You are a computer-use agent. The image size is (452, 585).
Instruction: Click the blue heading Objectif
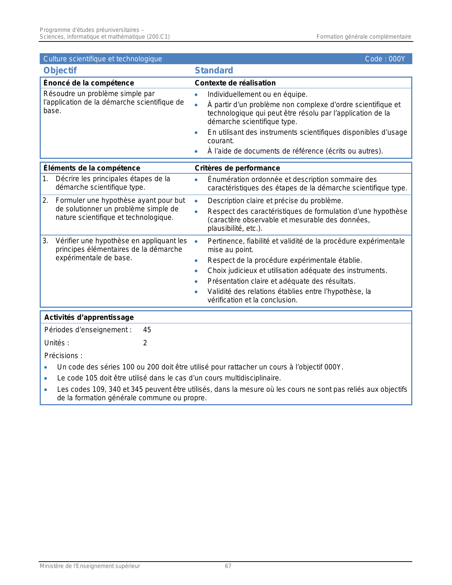pyautogui.click(x=60, y=71)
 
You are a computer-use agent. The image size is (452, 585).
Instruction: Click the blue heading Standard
pyautogui.click(x=214, y=71)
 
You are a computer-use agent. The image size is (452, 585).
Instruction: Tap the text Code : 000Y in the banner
pyautogui.click(x=385, y=59)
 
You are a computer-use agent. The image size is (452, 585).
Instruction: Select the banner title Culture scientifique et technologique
pyautogui.click(x=102, y=59)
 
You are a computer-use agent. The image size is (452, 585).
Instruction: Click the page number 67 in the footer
pyautogui.click(x=228, y=566)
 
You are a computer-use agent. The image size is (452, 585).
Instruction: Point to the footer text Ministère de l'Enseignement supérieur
pyautogui.click(x=90, y=566)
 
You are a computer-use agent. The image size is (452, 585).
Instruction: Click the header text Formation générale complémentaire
pyautogui.click(x=364, y=37)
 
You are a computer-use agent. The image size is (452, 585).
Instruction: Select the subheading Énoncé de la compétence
pyautogui.click(x=89, y=83)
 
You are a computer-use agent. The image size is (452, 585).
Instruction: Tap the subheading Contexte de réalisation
pyautogui.click(x=235, y=83)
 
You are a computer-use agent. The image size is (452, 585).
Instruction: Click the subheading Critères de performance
pyautogui.click(x=237, y=168)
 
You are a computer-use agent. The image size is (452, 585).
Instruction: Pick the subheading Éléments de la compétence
pyautogui.click(x=91, y=168)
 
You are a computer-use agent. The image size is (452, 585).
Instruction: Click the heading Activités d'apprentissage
pyautogui.click(x=89, y=317)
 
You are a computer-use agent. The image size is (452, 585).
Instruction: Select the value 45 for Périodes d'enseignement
pyautogui.click(x=147, y=330)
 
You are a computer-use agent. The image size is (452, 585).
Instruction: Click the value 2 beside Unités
pyautogui.click(x=145, y=343)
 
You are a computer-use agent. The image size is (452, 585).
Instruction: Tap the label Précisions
pyautogui.click(x=63, y=356)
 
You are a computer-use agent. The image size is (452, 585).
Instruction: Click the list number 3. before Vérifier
pyautogui.click(x=45, y=241)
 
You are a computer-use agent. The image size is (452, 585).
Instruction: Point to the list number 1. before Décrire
pyautogui.click(x=45, y=179)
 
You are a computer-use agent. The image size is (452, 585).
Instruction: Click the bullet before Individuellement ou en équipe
pyautogui.click(x=196, y=95)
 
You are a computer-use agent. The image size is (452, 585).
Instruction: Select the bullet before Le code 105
pyautogui.click(x=46, y=378)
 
